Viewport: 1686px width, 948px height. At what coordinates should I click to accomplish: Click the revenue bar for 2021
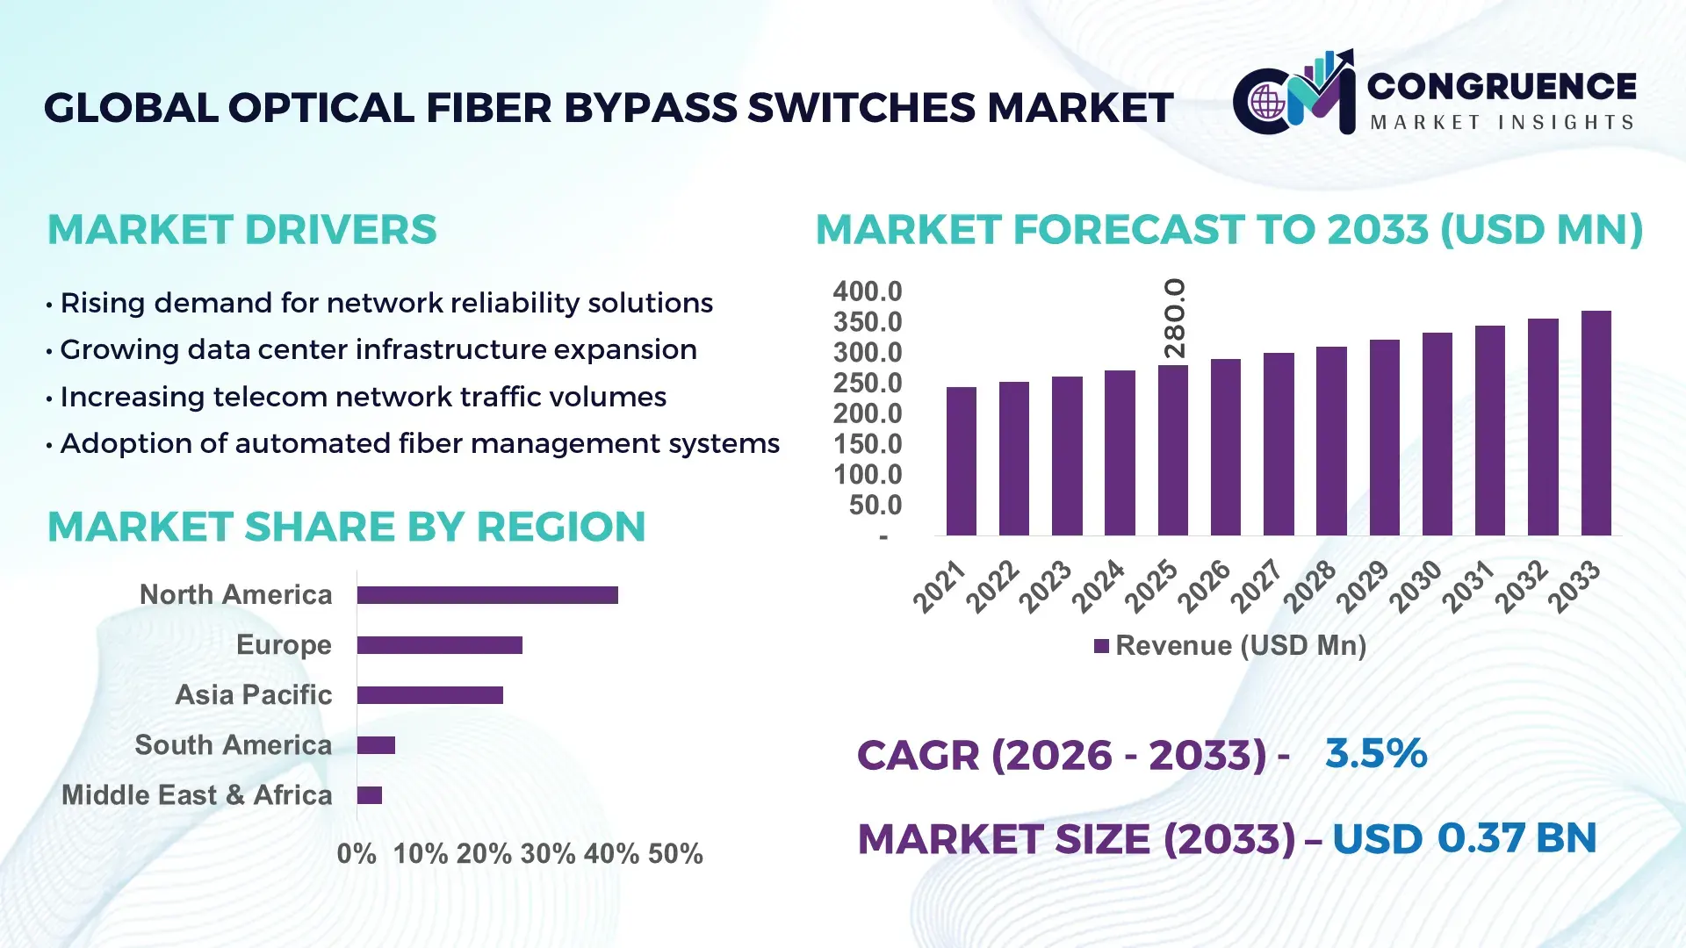(x=961, y=462)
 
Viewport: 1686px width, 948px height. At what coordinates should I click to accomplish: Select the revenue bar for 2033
(x=1596, y=423)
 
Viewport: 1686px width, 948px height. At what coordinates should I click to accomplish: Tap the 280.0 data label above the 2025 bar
(x=1174, y=318)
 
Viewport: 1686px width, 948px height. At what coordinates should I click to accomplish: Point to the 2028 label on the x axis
(x=1310, y=586)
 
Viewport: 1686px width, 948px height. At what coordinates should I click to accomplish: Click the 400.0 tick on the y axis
(x=867, y=291)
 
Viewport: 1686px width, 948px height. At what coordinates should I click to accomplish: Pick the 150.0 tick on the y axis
(x=867, y=444)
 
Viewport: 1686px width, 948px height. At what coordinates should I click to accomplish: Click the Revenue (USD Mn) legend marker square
(x=1101, y=646)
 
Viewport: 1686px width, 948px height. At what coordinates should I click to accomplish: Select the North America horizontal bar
(x=487, y=595)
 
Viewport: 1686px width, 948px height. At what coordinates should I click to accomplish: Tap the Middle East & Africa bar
(x=369, y=795)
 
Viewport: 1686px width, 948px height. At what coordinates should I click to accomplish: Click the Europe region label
(x=284, y=645)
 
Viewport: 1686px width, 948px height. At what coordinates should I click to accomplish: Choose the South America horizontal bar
(x=376, y=745)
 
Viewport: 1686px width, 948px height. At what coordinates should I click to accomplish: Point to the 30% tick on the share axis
(x=548, y=853)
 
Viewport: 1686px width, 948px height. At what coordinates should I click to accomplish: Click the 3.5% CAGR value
(x=1376, y=753)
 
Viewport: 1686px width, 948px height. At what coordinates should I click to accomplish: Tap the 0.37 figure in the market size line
(x=1481, y=837)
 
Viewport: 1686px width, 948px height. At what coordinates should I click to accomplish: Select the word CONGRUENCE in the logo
(x=1502, y=86)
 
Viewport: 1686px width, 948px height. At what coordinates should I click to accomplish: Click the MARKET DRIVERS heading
(x=241, y=230)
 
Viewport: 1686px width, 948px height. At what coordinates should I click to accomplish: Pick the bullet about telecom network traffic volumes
(x=363, y=397)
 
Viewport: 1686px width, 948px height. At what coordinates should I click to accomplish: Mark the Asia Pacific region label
(x=253, y=695)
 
